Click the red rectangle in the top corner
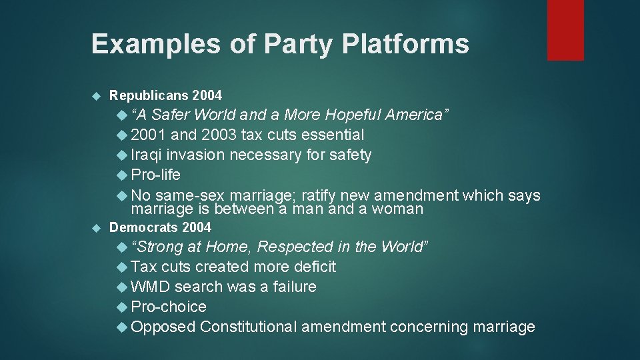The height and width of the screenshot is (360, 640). click(565, 30)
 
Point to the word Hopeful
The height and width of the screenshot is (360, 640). click(365, 115)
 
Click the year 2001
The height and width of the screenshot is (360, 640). click(149, 135)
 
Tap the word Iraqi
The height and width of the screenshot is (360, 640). click(147, 155)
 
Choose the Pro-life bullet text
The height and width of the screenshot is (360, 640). click(156, 175)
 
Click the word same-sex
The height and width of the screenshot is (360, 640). click(191, 195)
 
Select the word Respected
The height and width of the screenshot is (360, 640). click(295, 247)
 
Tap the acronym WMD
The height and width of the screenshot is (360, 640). click(151, 287)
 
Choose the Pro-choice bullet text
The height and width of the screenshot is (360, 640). click(169, 307)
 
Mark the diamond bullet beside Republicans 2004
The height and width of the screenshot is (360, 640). click(95, 95)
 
